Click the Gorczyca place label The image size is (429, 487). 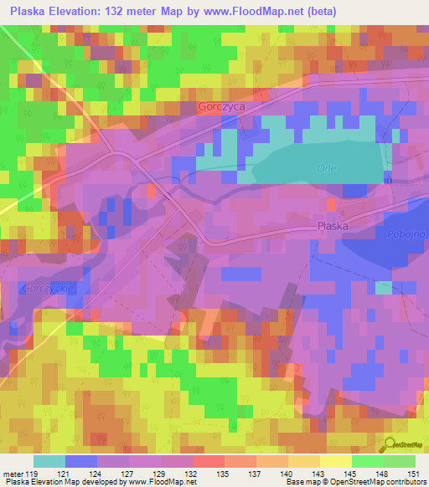pos(221,107)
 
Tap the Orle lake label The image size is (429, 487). pos(327,168)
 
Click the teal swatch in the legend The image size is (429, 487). pos(49,461)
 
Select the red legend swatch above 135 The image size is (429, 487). pos(209,461)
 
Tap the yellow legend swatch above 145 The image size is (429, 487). pos(335,461)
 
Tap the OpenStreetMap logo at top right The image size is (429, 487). pos(406,35)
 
